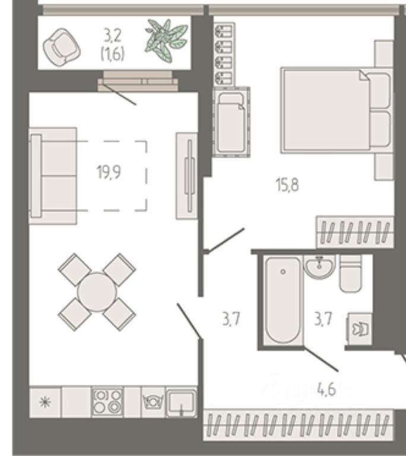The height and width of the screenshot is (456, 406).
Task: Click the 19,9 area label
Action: (x=109, y=172)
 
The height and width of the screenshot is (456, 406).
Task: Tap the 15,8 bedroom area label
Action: (x=287, y=185)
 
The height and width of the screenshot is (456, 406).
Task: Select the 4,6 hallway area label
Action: (x=326, y=389)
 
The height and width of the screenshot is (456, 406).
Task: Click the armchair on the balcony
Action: (x=62, y=47)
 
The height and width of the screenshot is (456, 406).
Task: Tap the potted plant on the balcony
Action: (x=166, y=40)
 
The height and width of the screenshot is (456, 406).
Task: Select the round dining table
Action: (x=97, y=292)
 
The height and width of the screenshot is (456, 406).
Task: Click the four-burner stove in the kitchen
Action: (x=107, y=402)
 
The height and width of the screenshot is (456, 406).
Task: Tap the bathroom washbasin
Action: (x=319, y=266)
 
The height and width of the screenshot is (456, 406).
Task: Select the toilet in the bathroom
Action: (x=350, y=273)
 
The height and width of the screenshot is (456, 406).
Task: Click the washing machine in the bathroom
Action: (x=360, y=329)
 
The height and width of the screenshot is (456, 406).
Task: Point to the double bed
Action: (x=337, y=110)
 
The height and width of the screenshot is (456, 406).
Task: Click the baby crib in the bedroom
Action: (x=231, y=122)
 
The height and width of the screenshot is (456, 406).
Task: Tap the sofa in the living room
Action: (x=53, y=176)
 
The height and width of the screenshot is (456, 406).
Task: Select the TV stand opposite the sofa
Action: (x=187, y=176)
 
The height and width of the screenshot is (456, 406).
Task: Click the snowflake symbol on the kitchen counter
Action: (x=45, y=402)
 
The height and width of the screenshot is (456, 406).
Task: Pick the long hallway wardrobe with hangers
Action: (x=298, y=425)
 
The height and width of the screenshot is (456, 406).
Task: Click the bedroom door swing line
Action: (x=226, y=240)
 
